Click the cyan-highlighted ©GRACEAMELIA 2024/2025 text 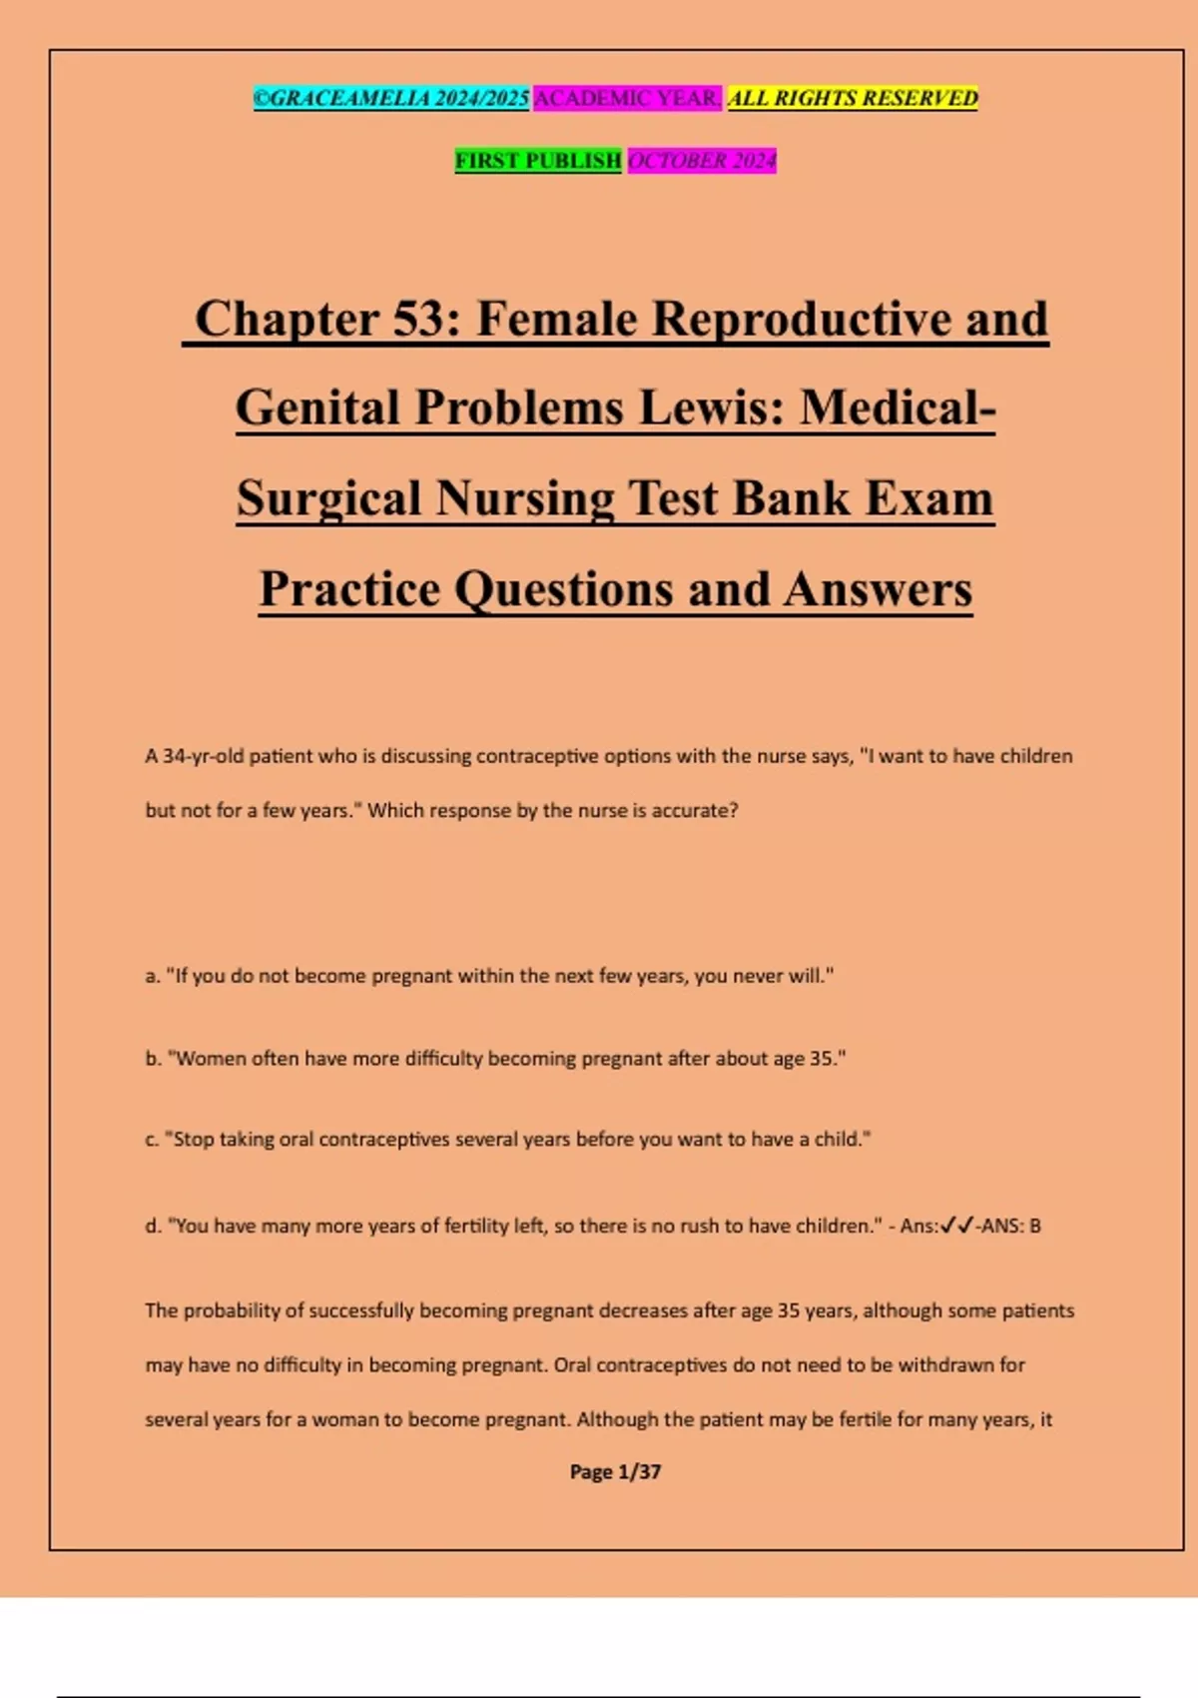(390, 99)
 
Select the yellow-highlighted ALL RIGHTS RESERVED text (853, 99)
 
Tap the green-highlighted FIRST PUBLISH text (538, 161)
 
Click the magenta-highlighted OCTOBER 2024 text (701, 161)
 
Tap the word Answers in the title (878, 589)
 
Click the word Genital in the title (317, 409)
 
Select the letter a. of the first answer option (153, 976)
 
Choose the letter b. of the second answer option (153, 1059)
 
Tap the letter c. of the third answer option (153, 1140)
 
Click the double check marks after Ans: (957, 1226)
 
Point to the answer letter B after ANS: (1035, 1226)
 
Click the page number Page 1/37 (615, 1471)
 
